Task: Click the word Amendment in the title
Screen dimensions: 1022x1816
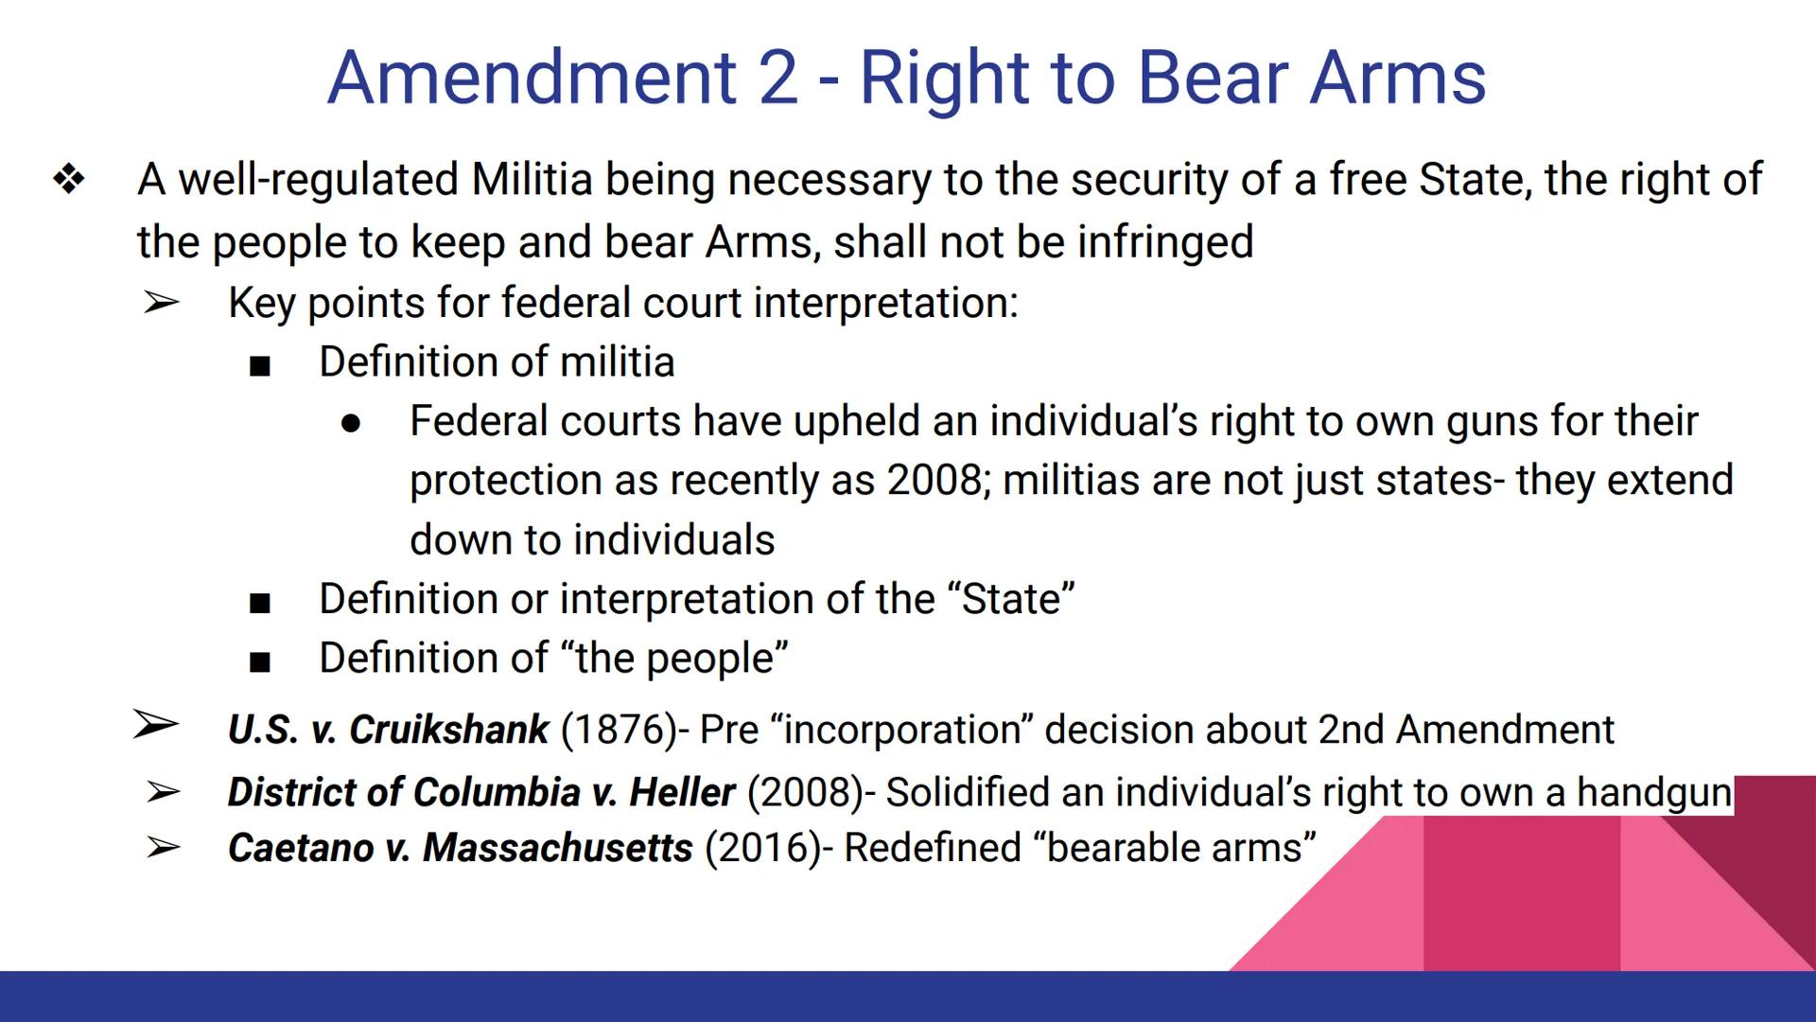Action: click(532, 78)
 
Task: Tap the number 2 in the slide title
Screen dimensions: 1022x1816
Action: click(778, 78)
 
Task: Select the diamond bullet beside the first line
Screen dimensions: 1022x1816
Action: click(69, 179)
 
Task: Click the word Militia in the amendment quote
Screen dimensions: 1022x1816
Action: click(532, 179)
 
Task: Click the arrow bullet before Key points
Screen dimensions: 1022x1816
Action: click(162, 303)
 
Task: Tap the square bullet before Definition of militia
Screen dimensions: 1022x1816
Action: click(260, 365)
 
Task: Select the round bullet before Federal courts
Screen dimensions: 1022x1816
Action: click(351, 424)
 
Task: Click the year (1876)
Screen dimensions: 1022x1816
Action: click(619, 730)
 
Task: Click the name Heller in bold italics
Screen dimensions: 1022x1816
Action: click(682, 792)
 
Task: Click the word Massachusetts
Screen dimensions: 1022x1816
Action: click(557, 848)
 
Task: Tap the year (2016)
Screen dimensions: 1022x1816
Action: click(762, 848)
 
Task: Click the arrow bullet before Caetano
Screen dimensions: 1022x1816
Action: click(163, 847)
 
